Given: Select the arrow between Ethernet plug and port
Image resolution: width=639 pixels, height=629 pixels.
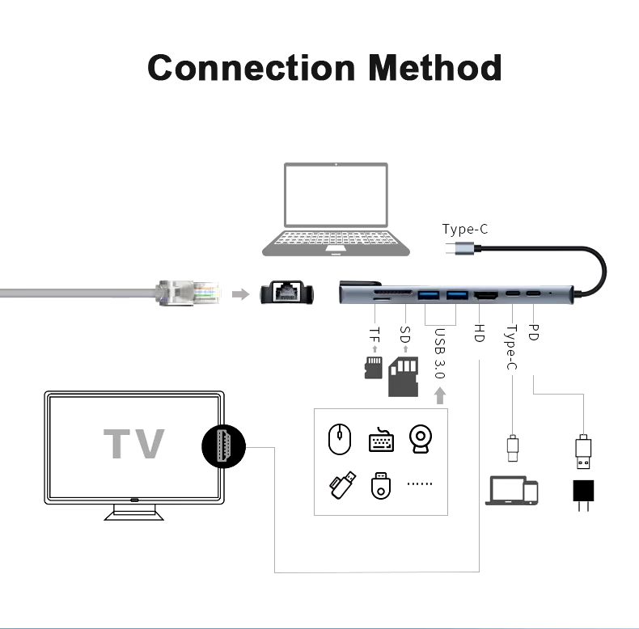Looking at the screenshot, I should point(240,293).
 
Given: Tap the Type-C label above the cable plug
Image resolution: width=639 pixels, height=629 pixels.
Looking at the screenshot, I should point(465,230).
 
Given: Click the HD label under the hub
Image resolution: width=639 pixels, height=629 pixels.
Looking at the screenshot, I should point(479,333).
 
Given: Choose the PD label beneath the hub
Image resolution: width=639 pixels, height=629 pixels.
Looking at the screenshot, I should point(533,332).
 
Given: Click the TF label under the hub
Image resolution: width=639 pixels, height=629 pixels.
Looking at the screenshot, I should point(375,333).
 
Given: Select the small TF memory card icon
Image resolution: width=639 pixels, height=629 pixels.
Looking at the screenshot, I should point(374,367).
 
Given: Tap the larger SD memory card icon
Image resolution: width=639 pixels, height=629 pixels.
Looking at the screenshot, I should point(404,377).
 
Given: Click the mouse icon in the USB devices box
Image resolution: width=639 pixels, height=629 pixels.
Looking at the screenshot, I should point(340,441).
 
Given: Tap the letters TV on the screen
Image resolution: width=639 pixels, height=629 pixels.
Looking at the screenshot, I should point(134,443).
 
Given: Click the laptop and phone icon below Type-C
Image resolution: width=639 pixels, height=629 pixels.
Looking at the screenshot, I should point(512,491).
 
